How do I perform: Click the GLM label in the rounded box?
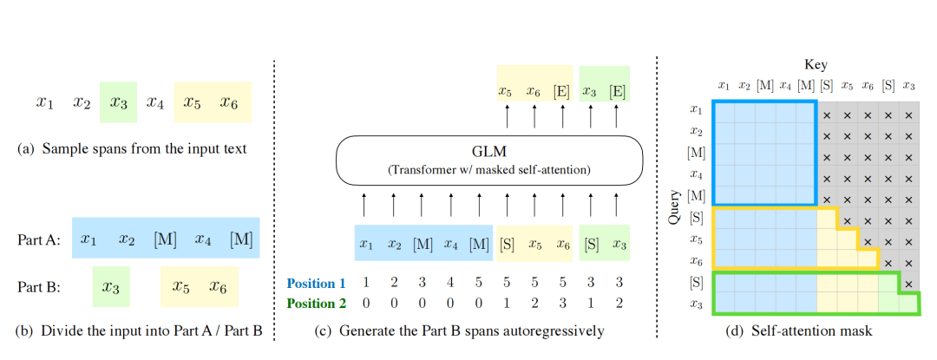point(489,152)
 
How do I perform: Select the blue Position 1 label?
point(317,284)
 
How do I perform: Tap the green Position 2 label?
point(317,304)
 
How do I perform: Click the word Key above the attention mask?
point(816,65)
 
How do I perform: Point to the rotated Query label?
point(673,207)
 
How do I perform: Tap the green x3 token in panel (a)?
point(118,102)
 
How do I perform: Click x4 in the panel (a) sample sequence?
point(155,102)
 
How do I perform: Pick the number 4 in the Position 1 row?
point(451,284)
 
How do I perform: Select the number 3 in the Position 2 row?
point(562,304)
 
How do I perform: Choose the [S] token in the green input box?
point(592,244)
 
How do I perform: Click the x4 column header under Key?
point(785,86)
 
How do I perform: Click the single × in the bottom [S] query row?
point(908,285)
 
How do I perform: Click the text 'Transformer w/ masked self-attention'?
point(489,170)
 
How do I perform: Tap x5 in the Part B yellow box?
point(182,286)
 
